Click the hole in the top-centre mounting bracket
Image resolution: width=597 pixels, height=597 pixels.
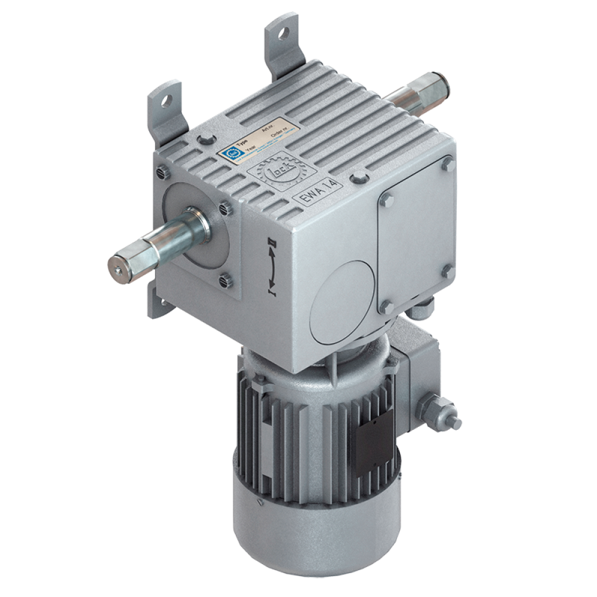282,35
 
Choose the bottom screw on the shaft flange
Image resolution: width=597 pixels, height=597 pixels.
225,278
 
